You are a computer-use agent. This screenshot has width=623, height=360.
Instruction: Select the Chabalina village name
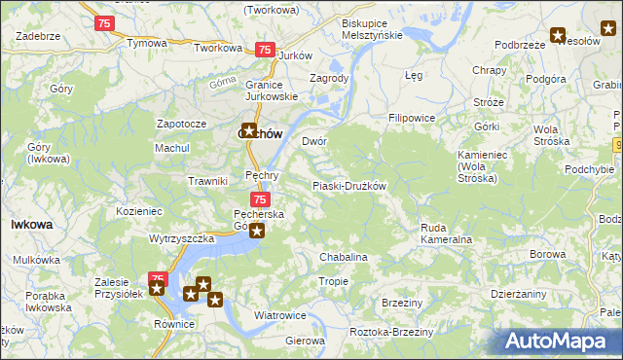[x=344, y=257]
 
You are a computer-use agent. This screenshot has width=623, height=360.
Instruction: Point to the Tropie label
[x=333, y=281]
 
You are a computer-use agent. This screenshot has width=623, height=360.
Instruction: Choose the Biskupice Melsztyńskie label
[x=372, y=28]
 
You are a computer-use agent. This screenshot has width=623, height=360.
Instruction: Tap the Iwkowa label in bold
[x=31, y=224]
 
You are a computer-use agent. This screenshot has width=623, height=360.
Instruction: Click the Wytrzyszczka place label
[x=182, y=238]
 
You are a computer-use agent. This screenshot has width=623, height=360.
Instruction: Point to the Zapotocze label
[x=181, y=125]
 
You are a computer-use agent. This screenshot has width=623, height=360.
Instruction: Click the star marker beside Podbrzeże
[x=558, y=36]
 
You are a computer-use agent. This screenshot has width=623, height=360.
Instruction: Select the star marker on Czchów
[x=249, y=129]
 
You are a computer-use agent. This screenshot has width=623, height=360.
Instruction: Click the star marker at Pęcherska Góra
[x=257, y=231]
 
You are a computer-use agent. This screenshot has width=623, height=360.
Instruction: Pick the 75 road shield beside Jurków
[x=264, y=50]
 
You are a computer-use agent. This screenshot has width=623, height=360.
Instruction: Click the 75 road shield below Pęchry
[x=247, y=199]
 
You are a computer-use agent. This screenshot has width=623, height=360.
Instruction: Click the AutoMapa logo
[x=560, y=341]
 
